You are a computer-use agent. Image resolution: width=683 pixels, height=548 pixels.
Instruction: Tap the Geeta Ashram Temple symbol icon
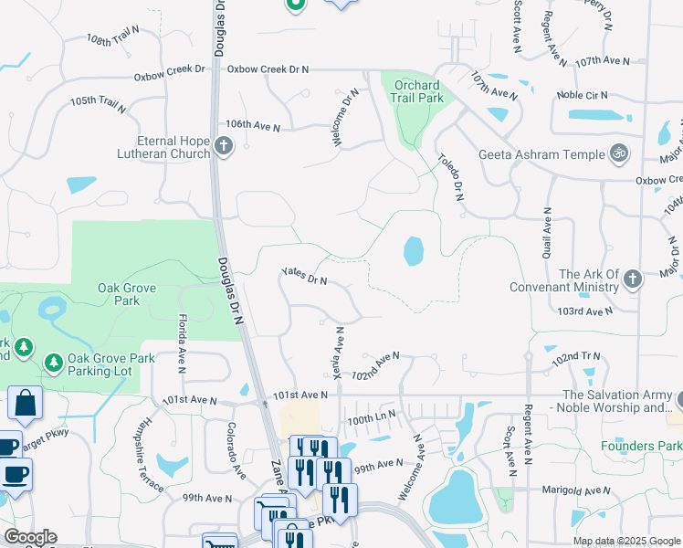619,154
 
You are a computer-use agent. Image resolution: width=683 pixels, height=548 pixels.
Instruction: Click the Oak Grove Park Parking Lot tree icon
55,364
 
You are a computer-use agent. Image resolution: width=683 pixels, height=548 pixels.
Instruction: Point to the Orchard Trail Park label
417,90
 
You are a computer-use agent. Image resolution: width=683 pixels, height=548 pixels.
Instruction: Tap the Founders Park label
641,446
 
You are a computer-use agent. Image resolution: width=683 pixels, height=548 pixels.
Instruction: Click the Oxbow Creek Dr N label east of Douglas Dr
268,69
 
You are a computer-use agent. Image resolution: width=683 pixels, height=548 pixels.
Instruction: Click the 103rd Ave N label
585,311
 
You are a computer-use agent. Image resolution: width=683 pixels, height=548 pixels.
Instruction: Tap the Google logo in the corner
31,537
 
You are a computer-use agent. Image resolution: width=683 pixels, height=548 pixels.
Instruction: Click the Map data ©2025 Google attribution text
625,542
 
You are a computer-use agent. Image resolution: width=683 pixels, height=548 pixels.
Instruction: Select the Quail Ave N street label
547,234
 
